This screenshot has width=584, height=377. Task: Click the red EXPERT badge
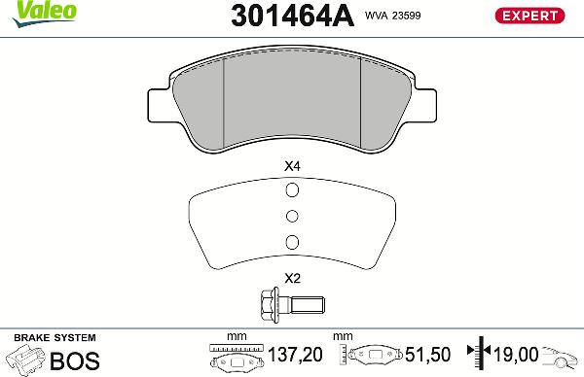530,16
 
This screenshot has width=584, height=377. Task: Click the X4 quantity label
291,166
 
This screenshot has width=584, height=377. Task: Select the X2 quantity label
291,278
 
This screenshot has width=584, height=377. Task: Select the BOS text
74,360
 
